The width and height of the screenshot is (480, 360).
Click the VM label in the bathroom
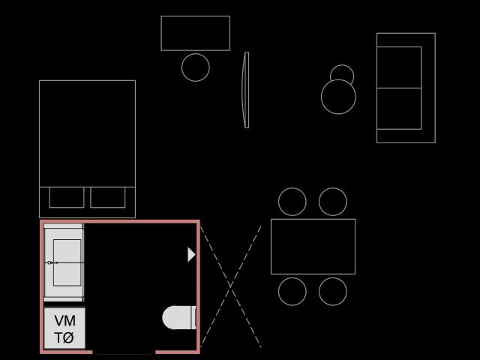[x=65, y=321]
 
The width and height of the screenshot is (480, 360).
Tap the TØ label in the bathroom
[x=64, y=338]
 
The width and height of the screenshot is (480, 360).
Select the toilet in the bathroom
[x=179, y=317]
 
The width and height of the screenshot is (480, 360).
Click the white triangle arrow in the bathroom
[x=191, y=255]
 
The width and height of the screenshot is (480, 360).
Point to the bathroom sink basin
[x=67, y=262]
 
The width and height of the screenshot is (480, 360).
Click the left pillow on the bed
[x=67, y=197]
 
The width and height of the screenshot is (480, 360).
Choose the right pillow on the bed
[x=108, y=197]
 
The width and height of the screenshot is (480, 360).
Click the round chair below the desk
[x=196, y=67]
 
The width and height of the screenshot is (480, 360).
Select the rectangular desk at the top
[x=195, y=33]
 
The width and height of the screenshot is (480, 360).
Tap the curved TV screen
[x=245, y=90]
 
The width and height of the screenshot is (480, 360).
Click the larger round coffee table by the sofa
[x=338, y=97]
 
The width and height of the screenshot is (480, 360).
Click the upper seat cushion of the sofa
[x=399, y=67]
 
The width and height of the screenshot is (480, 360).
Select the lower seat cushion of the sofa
[x=399, y=109]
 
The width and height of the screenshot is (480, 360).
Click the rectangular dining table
[x=313, y=247]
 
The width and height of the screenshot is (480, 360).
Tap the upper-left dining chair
[x=292, y=202]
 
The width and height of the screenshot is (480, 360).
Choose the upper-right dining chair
[x=333, y=202]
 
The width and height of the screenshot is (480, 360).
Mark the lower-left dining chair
[x=292, y=292]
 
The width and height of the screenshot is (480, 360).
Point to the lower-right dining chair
[x=333, y=292]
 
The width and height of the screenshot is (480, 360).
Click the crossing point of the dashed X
[x=230, y=286]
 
